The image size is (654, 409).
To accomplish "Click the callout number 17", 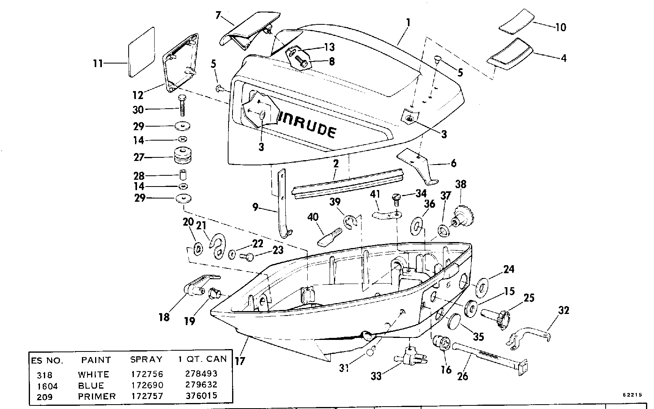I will click(240, 361).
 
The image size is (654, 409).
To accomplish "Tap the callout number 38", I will click(461, 185).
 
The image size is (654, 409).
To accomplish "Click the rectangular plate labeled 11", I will click(141, 52).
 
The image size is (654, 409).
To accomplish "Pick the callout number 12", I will click(138, 95).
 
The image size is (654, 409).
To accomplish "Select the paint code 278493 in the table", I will click(201, 374).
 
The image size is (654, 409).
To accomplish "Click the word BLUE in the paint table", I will click(91, 385).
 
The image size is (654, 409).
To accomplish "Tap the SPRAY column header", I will click(146, 359).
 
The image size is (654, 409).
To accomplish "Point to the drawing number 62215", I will click(632, 395).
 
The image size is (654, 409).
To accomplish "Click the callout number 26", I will click(463, 376).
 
